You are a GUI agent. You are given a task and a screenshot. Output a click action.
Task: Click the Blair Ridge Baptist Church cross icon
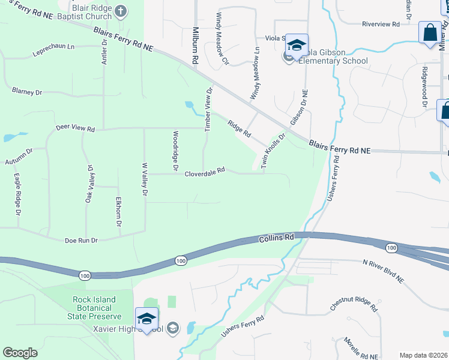(x=121, y=11)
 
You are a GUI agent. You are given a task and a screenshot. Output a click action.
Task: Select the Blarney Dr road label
(x=27, y=92)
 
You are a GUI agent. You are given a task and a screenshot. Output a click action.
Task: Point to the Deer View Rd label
(x=75, y=129)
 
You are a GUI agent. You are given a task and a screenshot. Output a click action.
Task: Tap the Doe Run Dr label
(x=81, y=240)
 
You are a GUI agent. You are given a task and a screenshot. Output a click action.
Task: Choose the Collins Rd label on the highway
(x=277, y=238)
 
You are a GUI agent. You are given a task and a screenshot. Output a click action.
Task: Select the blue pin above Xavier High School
(x=146, y=319)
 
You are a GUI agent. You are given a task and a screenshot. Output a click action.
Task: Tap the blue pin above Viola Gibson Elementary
(x=297, y=46)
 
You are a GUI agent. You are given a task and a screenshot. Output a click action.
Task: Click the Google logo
(x=20, y=353)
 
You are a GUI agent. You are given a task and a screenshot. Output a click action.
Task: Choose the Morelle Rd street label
(x=356, y=349)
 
